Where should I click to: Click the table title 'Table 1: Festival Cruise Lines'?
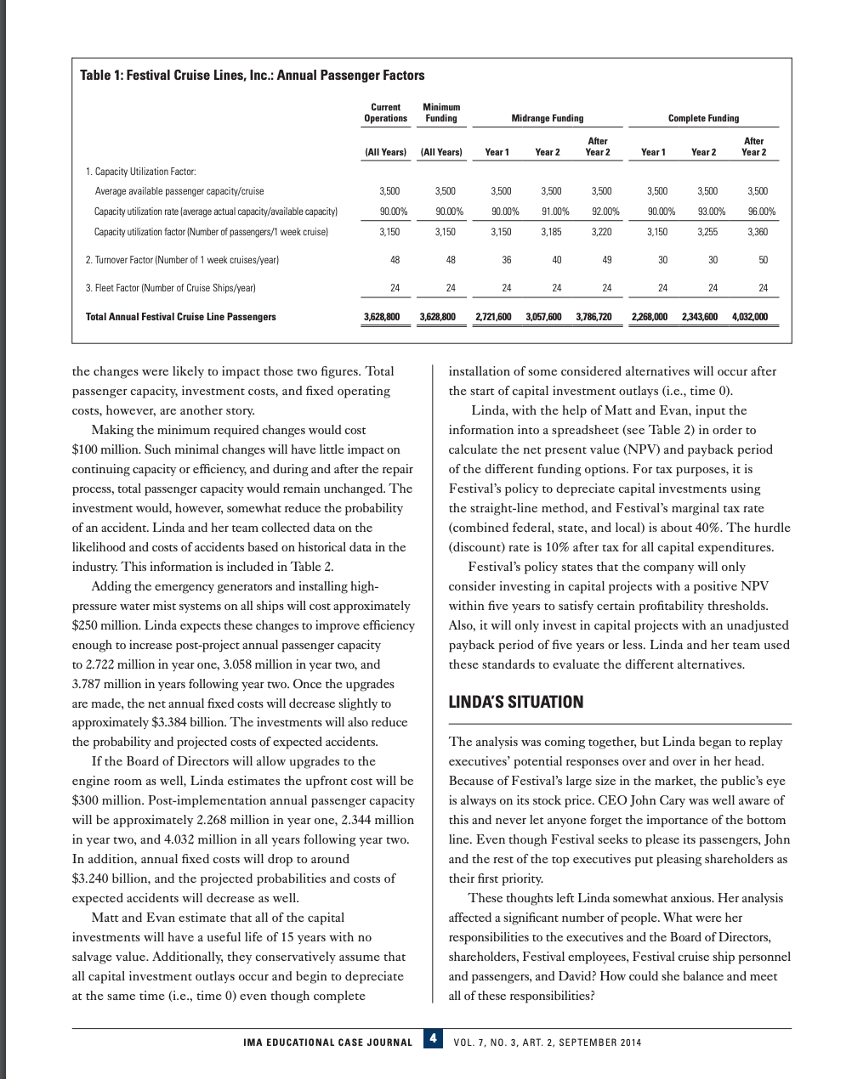252,76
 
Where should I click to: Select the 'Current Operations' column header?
385,112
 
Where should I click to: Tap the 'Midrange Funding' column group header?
547,118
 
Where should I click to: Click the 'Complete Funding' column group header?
703,118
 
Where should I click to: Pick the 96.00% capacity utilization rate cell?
756,212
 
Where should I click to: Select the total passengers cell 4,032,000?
749,317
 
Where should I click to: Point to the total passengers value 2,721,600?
492,317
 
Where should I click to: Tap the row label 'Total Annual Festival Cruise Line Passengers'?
180,317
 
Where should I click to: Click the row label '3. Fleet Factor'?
170,288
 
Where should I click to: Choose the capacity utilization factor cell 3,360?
757,231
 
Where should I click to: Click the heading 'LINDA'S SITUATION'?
515,702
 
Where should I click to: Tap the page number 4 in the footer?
433,1039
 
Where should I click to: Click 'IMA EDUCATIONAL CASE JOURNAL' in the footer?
327,1042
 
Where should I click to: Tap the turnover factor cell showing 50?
763,260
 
